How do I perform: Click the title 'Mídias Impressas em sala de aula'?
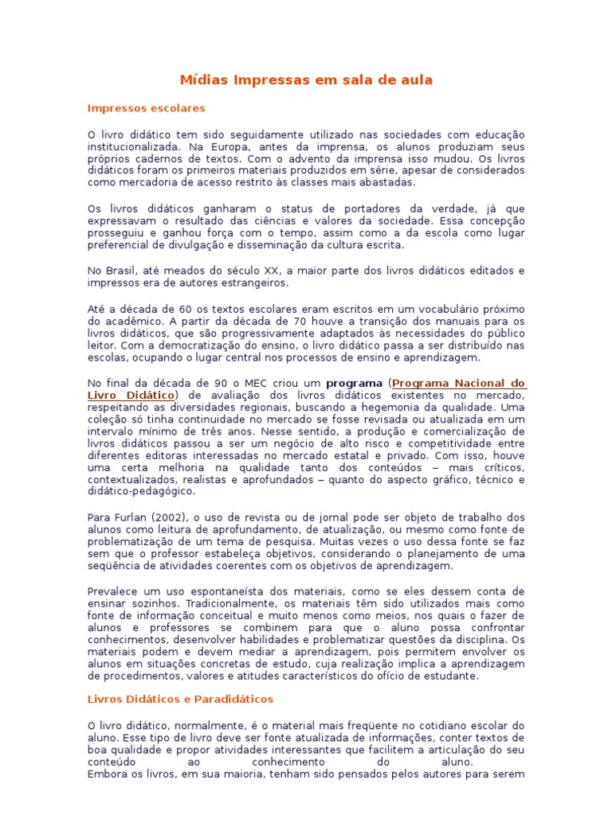pos(306,80)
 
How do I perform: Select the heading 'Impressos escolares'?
pos(146,107)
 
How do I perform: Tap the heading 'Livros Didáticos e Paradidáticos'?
pos(179,699)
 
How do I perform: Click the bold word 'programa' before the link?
pos(354,383)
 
